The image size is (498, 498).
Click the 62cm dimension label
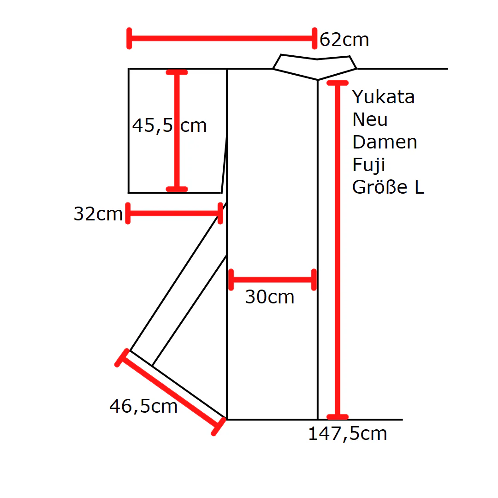coord(344,40)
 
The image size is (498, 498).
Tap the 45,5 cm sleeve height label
coord(169,125)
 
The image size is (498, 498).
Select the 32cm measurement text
coord(98,214)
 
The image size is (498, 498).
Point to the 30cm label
coord(270,297)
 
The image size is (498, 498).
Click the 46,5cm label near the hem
coord(143,406)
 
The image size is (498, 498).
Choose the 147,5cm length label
coord(348,433)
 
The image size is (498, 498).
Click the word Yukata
coord(383,97)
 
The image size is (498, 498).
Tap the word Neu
coord(370,119)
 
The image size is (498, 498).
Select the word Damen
coord(385,142)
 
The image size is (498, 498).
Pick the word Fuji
coord(369,165)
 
